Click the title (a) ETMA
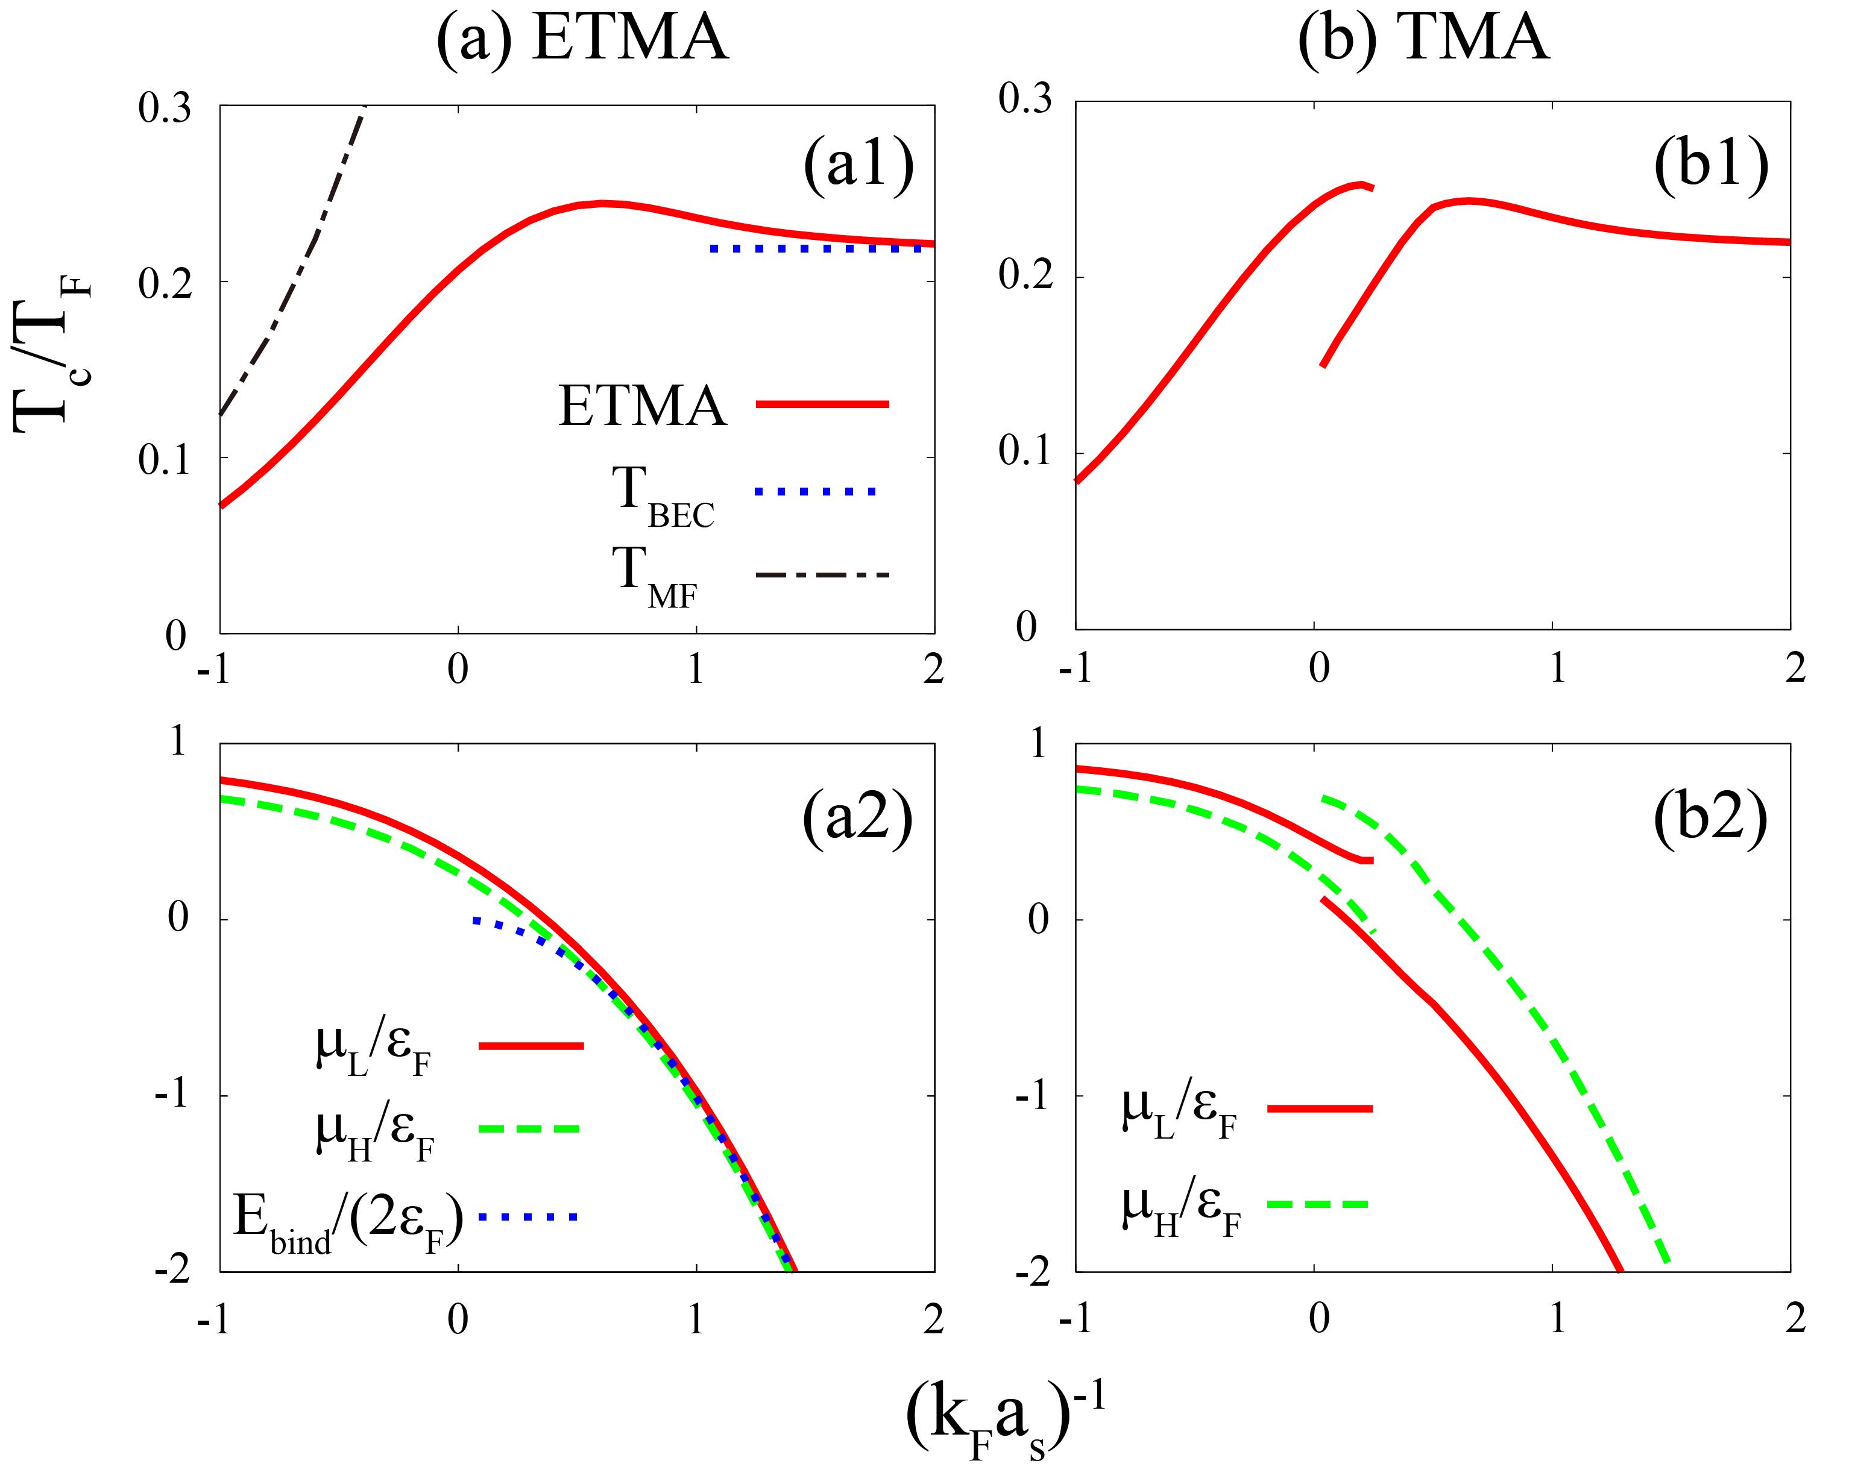[x=582, y=39]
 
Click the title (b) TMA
[x=1423, y=39]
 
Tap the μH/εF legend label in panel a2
[x=375, y=1134]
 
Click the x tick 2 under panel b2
[x=1794, y=1319]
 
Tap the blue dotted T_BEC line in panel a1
[x=817, y=248]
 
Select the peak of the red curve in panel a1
[x=602, y=204]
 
